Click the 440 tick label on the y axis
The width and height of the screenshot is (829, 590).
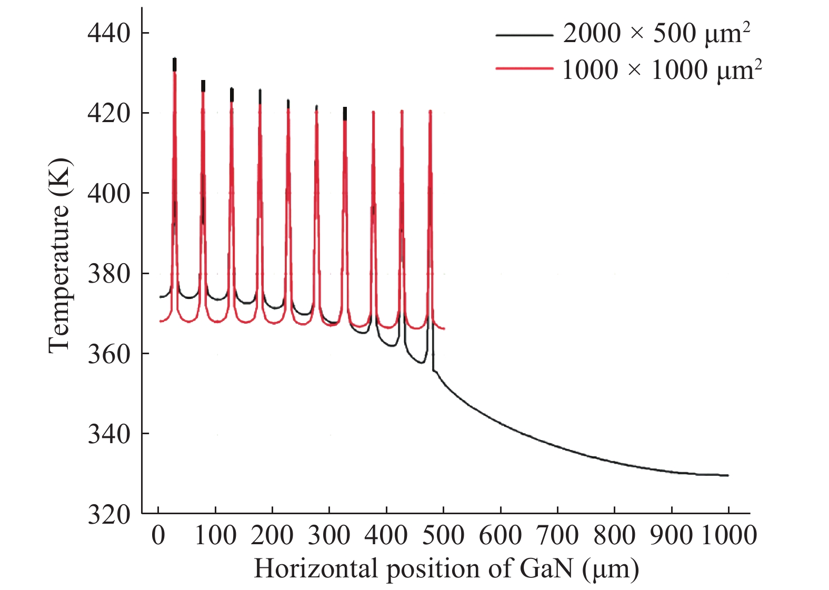pyautogui.click(x=108, y=33)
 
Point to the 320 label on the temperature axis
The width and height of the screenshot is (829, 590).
pyautogui.click(x=108, y=514)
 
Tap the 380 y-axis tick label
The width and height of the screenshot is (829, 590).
pyautogui.click(x=108, y=274)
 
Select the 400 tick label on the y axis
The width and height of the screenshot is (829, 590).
pyautogui.click(x=108, y=194)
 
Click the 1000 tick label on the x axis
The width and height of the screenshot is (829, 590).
pyautogui.click(x=729, y=536)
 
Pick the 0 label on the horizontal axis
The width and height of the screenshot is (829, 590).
pyautogui.click(x=158, y=536)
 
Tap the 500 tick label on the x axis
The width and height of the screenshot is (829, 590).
pyautogui.click(x=444, y=536)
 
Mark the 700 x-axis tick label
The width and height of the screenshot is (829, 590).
pyautogui.click(x=558, y=536)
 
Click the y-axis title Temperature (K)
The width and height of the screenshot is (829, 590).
pyautogui.click(x=59, y=255)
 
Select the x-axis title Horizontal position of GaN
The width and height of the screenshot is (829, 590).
pyautogui.click(x=446, y=569)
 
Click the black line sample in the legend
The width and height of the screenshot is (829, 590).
pyautogui.click(x=524, y=35)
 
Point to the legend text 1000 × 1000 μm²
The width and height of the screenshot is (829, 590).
pyautogui.click(x=662, y=69)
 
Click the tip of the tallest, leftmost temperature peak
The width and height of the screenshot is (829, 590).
pyautogui.click(x=175, y=58)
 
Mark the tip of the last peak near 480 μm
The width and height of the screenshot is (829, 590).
pyautogui.click(x=430, y=111)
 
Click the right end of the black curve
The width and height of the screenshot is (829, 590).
pyautogui.click(x=728, y=475)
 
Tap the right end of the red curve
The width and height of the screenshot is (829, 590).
pyautogui.click(x=444, y=328)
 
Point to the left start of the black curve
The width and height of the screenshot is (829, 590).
pyautogui.click(x=160, y=297)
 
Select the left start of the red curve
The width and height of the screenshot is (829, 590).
pyautogui.click(x=160, y=321)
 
